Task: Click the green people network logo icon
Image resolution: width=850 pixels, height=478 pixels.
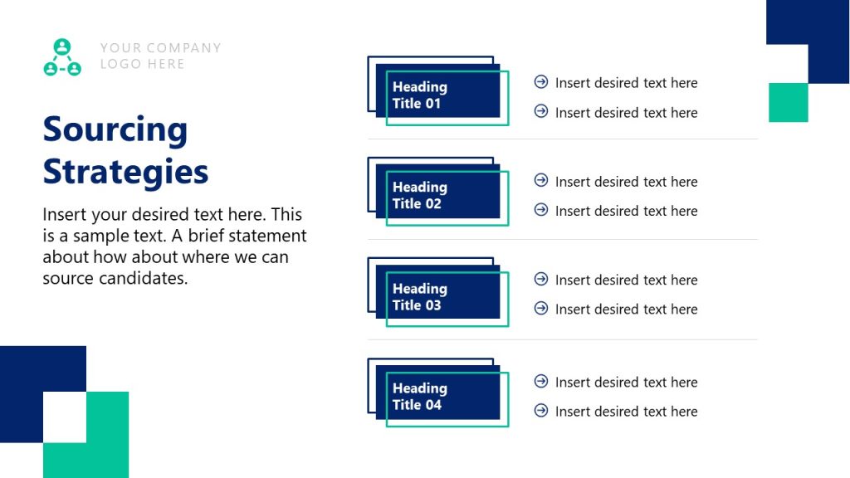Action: pos(62,57)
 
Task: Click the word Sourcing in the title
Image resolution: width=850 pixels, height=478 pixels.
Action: pos(115,130)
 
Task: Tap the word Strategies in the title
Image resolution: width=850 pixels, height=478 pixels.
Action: pos(125,172)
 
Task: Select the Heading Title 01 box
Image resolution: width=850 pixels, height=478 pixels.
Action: pos(438,95)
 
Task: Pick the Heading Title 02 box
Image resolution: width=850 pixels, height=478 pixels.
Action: pos(438,195)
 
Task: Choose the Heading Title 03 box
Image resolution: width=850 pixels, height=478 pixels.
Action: pos(438,296)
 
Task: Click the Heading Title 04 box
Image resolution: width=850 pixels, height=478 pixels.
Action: pos(438,396)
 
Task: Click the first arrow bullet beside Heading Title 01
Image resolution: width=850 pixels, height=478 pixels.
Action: pos(541,82)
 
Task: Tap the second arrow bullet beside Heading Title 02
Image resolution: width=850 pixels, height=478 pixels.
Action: pos(541,210)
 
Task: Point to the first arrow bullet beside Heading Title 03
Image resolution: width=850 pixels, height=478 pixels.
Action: pos(541,279)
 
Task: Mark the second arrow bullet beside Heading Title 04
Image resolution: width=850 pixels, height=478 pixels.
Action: pos(541,410)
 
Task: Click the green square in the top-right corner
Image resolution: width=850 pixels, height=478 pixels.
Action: pos(788,102)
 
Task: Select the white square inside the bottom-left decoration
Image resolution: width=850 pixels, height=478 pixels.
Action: pos(65,417)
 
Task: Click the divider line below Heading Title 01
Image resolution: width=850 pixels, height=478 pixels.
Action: pos(563,139)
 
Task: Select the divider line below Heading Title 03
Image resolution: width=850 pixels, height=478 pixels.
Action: pos(563,339)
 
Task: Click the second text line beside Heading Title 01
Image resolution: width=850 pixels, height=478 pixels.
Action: pos(626,113)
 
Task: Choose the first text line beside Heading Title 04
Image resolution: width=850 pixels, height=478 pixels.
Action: pos(626,383)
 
